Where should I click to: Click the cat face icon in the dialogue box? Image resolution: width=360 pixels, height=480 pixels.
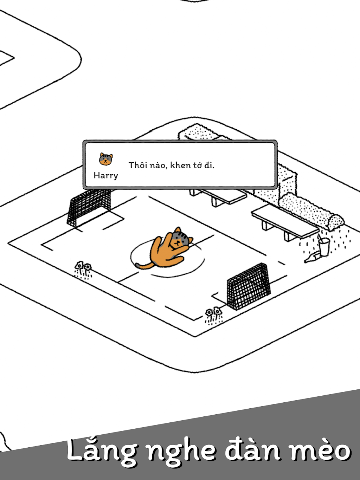coord(106,159)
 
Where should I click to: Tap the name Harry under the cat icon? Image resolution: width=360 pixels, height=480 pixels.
coord(106,176)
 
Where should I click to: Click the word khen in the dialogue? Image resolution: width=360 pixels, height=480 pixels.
coord(180,165)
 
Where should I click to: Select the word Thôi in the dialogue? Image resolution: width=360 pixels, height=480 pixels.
coord(138,165)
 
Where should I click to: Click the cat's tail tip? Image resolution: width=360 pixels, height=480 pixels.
coord(138,266)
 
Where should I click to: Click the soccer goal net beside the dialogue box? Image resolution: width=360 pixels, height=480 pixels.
coord(89,207)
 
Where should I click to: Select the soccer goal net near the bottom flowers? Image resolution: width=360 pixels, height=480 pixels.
coord(249,286)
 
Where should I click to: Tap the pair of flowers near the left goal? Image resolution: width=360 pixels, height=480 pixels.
coord(83,270)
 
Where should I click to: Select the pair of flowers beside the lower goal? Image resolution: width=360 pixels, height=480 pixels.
coord(214,316)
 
